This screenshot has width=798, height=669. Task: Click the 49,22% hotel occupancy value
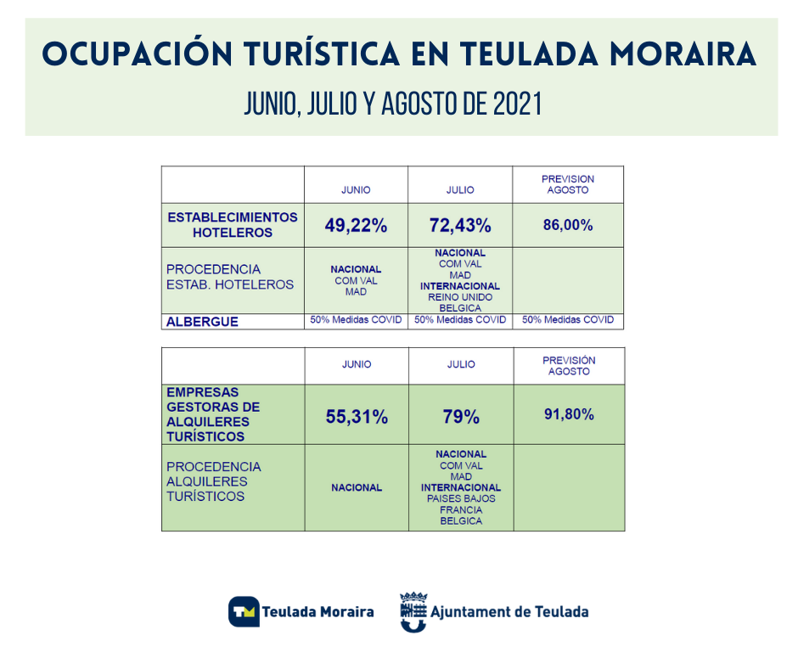tap(356, 226)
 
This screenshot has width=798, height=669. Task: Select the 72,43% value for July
tap(460, 226)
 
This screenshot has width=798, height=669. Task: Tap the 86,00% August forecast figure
tap(568, 225)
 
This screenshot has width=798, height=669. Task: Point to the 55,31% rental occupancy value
tap(357, 417)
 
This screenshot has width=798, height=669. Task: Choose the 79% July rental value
tap(461, 417)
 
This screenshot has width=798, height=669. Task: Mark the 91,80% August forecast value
tap(569, 414)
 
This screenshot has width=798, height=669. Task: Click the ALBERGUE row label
tap(202, 322)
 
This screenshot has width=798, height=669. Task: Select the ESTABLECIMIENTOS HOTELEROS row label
tap(233, 225)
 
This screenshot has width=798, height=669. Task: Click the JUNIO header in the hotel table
tap(356, 190)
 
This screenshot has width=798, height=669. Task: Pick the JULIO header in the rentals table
tap(461, 364)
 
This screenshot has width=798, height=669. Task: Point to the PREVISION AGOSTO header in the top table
tap(568, 184)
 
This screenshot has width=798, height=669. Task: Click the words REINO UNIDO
tap(460, 297)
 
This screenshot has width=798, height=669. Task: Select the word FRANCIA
tap(461, 510)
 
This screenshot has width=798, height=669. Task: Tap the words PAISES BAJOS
tap(461, 499)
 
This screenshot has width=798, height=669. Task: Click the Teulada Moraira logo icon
tap(244, 611)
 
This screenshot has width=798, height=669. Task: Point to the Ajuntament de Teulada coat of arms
tap(413, 612)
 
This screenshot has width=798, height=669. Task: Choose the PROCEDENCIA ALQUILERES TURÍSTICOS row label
tap(214, 481)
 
